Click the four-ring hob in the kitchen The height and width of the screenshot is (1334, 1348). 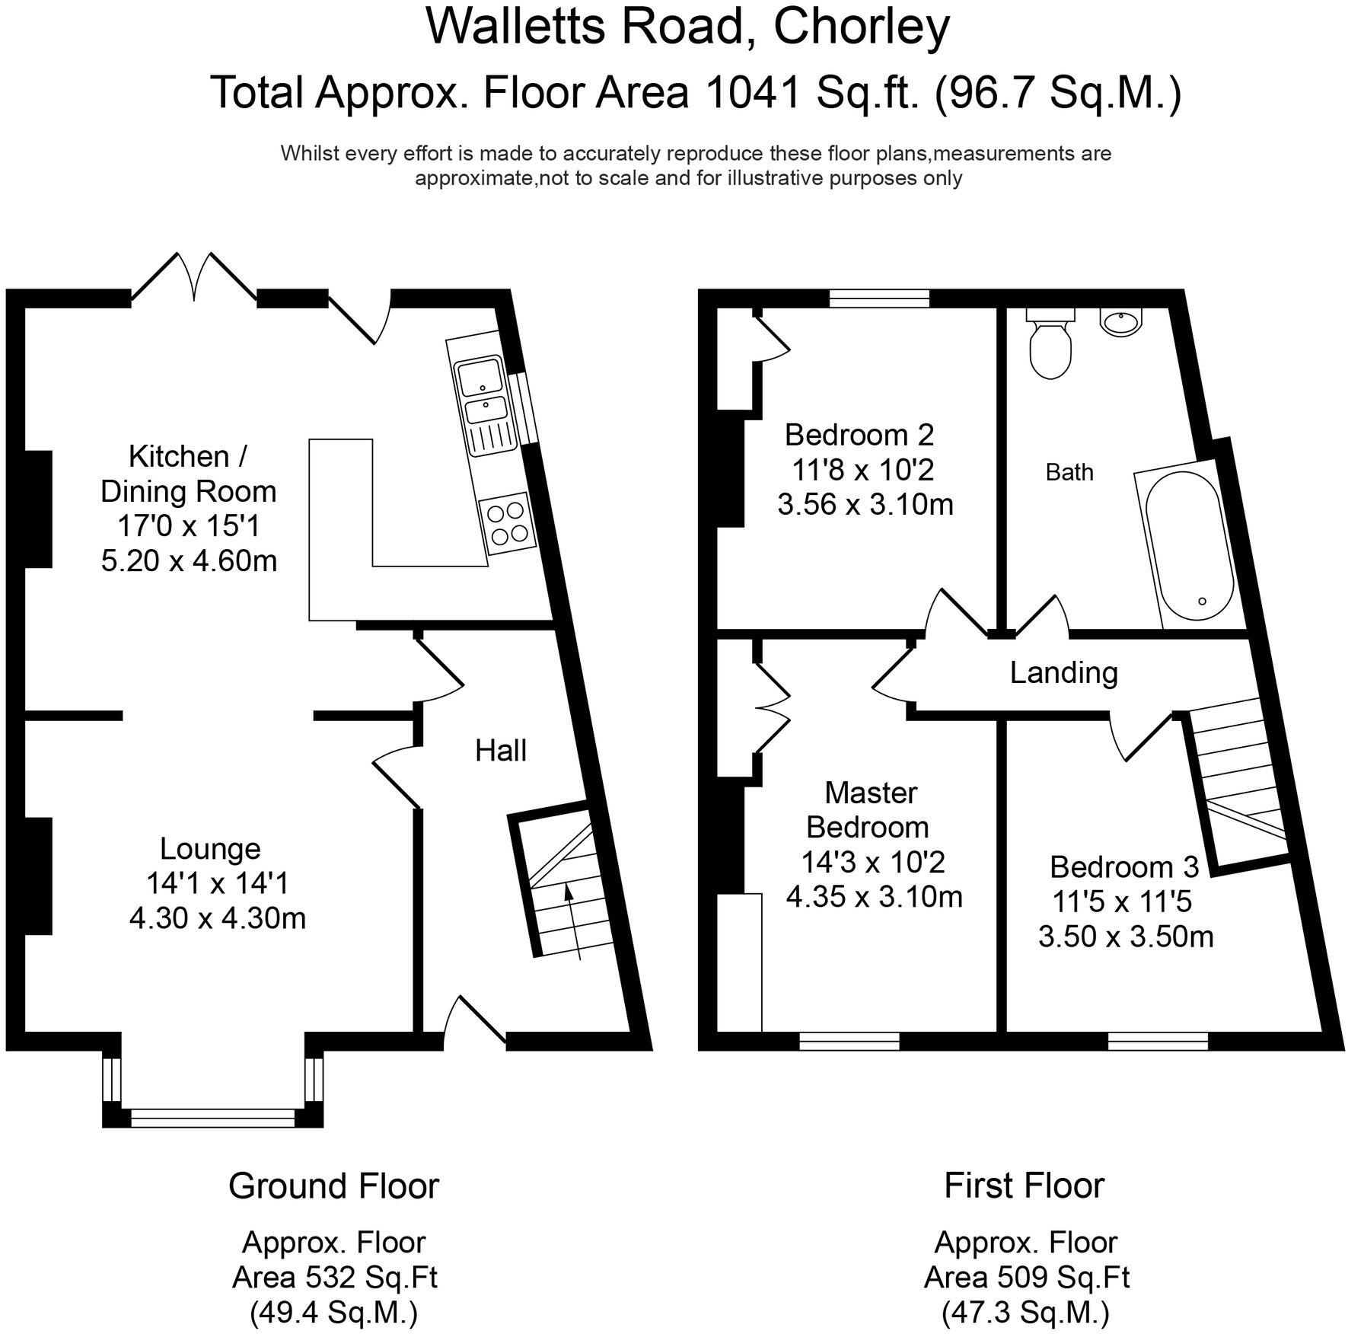[508, 522]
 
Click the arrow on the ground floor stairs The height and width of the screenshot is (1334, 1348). [573, 922]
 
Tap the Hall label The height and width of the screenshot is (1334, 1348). [500, 751]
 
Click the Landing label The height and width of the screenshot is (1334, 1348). [1063, 672]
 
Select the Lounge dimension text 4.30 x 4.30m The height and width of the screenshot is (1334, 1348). [218, 918]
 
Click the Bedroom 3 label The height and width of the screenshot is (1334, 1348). [1124, 866]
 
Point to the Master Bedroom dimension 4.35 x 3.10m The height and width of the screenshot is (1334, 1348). [874, 896]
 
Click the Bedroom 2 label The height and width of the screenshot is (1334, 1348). [859, 435]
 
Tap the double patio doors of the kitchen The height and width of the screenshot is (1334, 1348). [193, 276]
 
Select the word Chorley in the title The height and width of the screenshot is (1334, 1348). [862, 28]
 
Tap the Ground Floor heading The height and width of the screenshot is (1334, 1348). [333, 1186]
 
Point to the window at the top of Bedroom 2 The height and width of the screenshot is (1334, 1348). [879, 298]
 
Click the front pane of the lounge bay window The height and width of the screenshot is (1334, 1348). [212, 1118]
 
